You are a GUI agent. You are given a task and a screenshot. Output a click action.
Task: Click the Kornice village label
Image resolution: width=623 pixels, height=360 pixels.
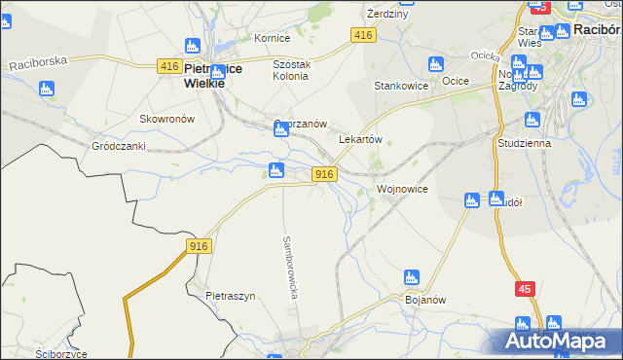(273, 39)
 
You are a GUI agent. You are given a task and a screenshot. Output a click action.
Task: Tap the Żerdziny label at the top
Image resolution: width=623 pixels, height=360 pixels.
(386, 15)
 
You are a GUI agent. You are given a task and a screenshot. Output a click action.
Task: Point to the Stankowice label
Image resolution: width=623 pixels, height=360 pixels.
(401, 86)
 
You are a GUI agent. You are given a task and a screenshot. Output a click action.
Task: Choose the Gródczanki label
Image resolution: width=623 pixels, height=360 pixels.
(118, 146)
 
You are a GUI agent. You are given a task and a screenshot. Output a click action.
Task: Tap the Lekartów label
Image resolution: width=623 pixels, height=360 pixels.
(359, 139)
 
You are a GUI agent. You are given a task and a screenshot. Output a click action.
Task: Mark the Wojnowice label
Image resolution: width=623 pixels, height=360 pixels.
(402, 189)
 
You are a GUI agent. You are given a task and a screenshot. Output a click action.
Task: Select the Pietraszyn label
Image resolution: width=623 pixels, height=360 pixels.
(230, 296)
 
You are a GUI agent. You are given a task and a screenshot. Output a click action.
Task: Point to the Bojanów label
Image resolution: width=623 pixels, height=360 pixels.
(424, 300)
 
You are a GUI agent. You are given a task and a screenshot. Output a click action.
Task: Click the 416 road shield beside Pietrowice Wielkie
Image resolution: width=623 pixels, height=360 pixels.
(168, 66)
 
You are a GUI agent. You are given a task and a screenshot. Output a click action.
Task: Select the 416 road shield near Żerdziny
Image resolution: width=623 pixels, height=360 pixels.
(363, 35)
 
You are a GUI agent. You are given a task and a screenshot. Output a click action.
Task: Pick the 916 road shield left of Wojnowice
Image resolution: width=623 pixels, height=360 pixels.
(325, 174)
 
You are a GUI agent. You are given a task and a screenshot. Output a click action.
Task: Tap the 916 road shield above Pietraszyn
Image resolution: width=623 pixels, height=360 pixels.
(199, 247)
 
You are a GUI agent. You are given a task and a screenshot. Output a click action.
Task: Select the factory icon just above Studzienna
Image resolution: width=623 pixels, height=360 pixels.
(531, 121)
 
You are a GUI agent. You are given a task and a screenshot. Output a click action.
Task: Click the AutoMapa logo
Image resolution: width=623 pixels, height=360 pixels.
(554, 341)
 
